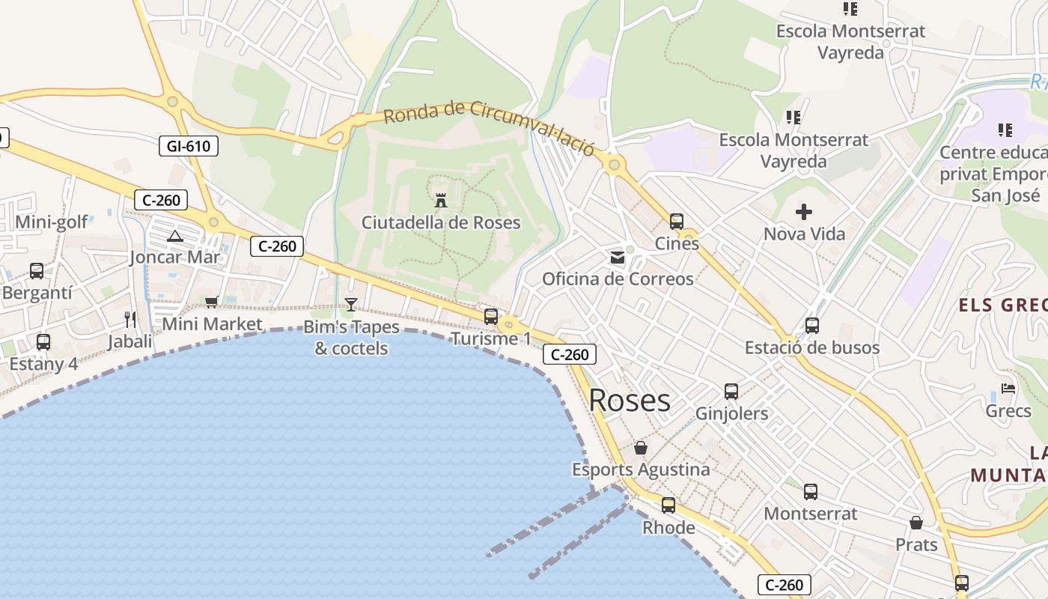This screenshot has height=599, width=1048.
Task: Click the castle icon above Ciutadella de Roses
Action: pos(441,200)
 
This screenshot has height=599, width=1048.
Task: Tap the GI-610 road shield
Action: pos(189,146)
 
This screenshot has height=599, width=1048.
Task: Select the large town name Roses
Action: pos(630,401)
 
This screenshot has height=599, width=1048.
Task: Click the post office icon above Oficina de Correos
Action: pos(618,258)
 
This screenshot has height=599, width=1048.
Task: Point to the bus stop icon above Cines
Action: pos(677,221)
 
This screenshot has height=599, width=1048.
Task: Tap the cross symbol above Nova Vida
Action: pos(804,212)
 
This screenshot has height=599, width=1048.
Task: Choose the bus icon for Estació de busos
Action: pos(812,326)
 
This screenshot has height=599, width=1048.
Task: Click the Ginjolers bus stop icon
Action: pos(731,391)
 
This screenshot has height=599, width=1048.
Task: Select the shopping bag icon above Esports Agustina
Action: pos(641,448)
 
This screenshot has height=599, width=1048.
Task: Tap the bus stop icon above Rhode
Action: pos(668,505)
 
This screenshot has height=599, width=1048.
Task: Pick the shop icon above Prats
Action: pos(916,523)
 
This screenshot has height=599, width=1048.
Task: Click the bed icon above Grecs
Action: pos(1008,389)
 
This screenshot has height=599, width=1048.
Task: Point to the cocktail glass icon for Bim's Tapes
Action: pos(350,304)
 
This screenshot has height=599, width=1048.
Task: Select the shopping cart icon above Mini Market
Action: pos(212,302)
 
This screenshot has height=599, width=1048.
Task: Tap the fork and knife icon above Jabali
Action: pos(130,320)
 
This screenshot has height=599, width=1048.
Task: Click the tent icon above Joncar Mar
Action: pos(174,237)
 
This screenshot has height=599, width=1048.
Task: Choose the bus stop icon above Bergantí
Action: pos(37,270)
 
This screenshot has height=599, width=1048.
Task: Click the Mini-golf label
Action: pos(52,222)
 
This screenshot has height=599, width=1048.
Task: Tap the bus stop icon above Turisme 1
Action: pos(491,316)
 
